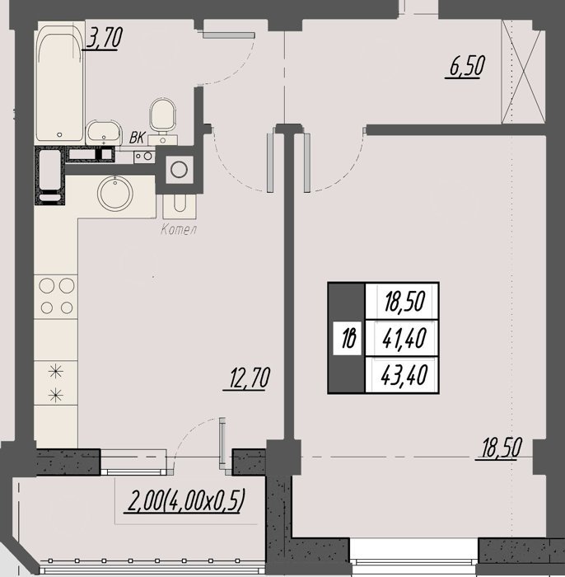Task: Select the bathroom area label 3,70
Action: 104,38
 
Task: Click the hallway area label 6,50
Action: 465,67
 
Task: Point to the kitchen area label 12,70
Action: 246,378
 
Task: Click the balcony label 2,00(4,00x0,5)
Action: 185,501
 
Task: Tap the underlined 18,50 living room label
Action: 499,448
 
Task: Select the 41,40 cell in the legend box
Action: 404,338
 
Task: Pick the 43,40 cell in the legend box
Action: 404,375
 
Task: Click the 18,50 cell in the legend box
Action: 404,301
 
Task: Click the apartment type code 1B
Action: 348,338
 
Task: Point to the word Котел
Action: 179,230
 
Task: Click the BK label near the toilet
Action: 138,138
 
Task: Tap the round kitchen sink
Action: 115,194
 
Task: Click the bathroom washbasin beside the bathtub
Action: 103,132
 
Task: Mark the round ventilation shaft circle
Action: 179,170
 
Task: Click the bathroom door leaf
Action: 228,35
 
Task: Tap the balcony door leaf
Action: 222,443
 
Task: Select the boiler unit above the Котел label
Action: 180,206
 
